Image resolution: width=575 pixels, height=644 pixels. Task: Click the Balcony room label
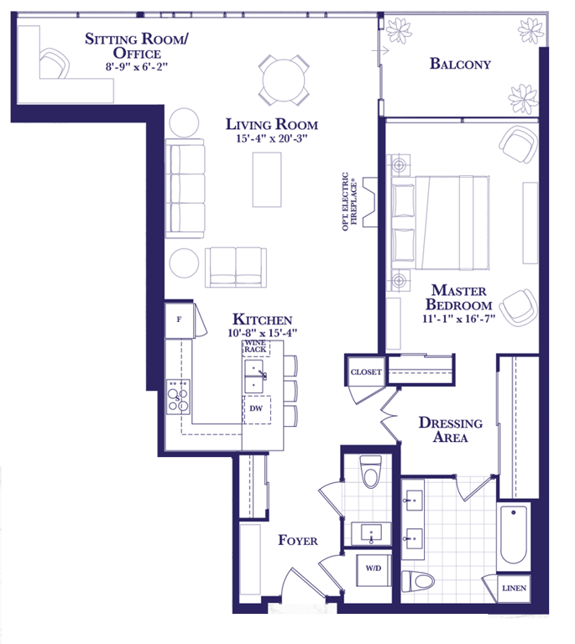460,64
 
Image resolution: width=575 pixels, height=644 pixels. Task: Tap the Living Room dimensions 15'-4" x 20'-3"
272,138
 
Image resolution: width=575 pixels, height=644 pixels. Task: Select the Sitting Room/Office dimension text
137,66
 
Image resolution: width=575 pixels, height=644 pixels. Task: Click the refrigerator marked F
179,320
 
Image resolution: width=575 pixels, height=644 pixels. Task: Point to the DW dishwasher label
256,408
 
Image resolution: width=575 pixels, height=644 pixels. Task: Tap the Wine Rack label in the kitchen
255,346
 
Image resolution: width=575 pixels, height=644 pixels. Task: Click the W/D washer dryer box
374,570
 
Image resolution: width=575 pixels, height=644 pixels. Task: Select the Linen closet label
515,588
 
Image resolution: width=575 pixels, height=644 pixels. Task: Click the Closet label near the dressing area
366,372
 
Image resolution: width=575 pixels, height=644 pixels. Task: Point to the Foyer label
297,540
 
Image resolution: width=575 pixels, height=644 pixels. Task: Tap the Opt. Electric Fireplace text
349,201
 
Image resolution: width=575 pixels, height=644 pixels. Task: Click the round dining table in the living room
284,80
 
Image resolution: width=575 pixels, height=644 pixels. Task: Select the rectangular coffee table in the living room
267,179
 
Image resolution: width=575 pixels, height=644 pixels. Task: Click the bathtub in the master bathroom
514,534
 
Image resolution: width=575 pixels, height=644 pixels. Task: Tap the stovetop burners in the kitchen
178,397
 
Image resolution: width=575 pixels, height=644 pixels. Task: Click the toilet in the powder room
370,471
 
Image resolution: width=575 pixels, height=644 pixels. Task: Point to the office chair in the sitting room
55,63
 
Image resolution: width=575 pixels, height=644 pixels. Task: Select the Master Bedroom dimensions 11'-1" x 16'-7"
458,319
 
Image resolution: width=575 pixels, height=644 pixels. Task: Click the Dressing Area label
451,429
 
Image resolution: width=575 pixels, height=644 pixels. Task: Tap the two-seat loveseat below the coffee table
236,267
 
